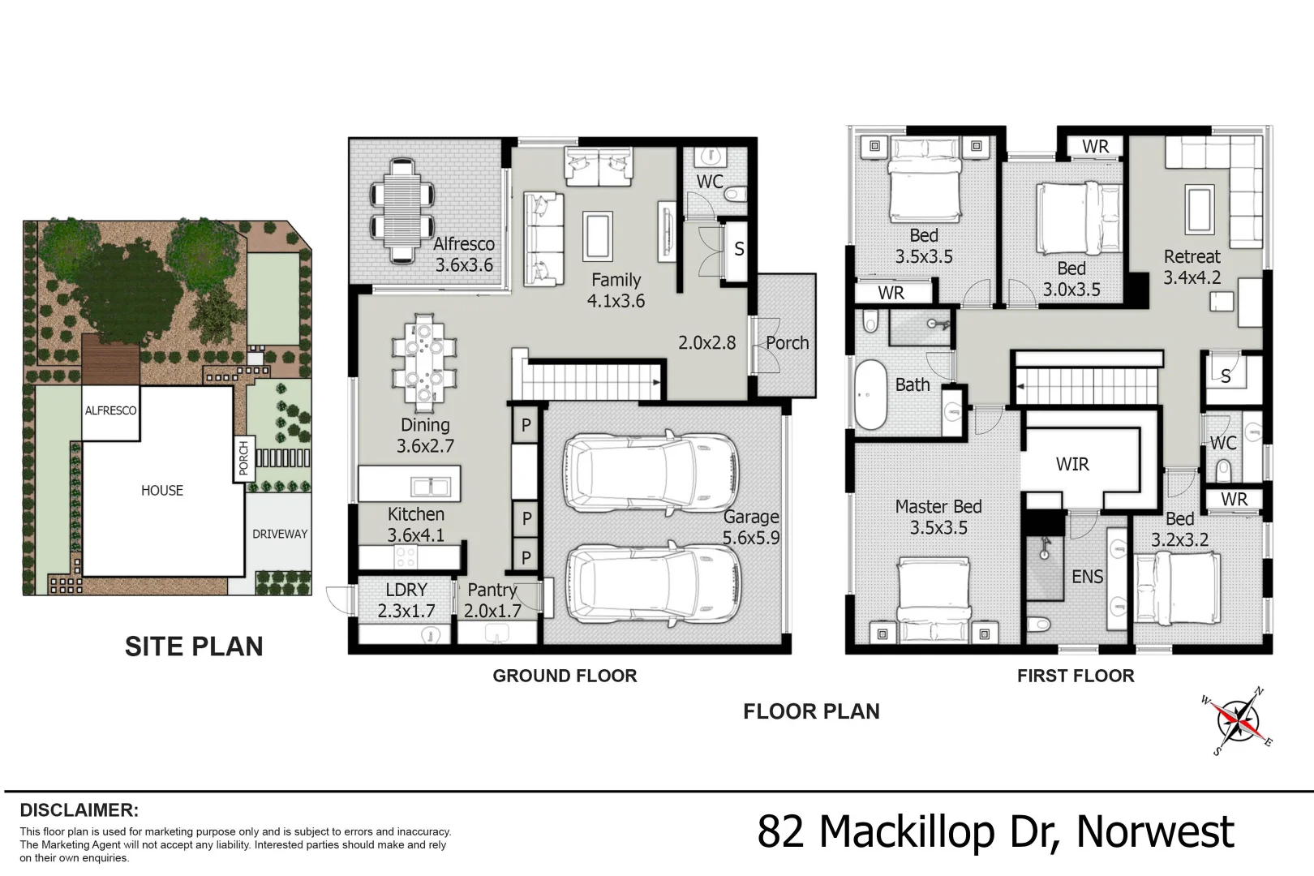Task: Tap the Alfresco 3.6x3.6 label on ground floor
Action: click(x=463, y=254)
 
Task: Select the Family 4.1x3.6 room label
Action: click(x=616, y=290)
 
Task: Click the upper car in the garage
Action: click(x=651, y=472)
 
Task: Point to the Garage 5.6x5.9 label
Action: click(x=751, y=526)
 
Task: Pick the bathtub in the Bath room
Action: click(x=870, y=394)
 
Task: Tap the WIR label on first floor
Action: click(x=1072, y=464)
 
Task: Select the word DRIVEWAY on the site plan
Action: click(x=280, y=534)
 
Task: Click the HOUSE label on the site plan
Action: click(x=162, y=490)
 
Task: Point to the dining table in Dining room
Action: click(x=424, y=362)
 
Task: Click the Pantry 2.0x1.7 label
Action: click(x=492, y=600)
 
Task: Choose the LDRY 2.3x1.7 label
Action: click(x=406, y=600)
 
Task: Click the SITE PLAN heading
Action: click(x=194, y=646)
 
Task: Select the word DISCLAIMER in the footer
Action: click(x=79, y=810)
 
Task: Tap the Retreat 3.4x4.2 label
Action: click(x=1192, y=267)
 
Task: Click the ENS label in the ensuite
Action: click(x=1087, y=577)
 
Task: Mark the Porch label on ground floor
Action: click(x=787, y=343)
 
